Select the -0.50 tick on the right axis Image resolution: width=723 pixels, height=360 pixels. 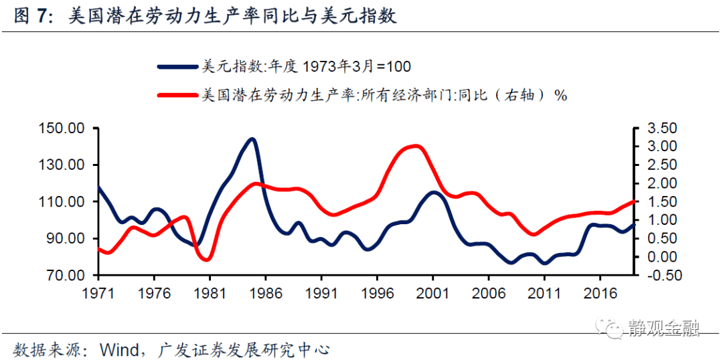pos(659,276)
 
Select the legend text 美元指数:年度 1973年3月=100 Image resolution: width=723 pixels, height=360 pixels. pos(306,66)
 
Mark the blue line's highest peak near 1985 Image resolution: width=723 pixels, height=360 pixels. pos(252,139)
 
